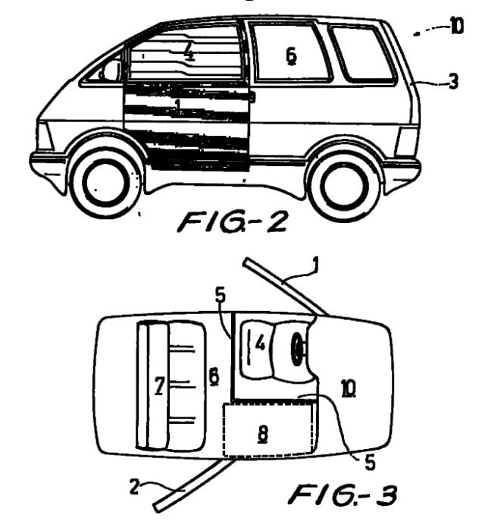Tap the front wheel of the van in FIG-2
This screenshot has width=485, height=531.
coord(104,181)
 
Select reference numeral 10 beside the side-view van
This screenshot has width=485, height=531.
coord(456,27)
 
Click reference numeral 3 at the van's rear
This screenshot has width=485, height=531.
coord(453,82)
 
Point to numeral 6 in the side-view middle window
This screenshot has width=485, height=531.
coord(290,56)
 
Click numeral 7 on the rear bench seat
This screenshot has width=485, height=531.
coord(159,388)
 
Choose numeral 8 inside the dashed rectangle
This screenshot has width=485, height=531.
coord(263,433)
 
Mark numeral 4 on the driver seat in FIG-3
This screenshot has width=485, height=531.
coord(259,344)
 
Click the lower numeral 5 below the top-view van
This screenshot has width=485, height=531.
coord(370,460)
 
